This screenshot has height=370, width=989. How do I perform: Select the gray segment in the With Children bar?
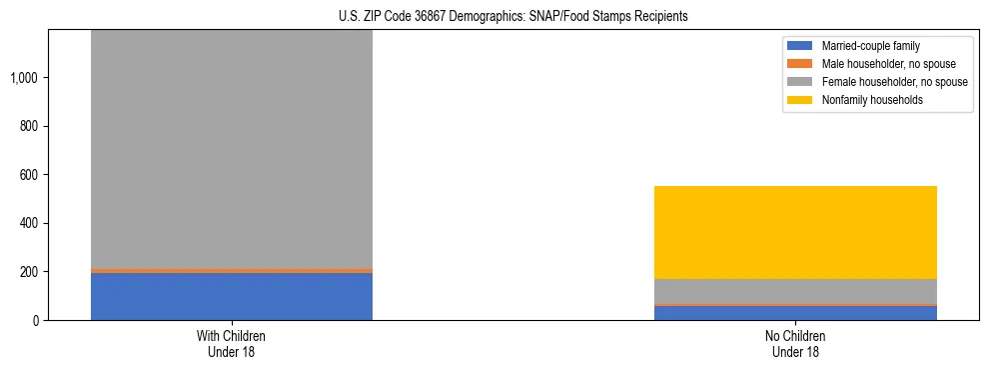click(x=232, y=150)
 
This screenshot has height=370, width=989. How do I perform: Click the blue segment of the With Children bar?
click(x=232, y=296)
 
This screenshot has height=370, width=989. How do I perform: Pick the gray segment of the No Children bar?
click(x=795, y=291)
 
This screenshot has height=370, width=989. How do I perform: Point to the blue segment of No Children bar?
click(x=795, y=313)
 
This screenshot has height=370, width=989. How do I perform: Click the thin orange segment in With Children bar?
click(x=232, y=270)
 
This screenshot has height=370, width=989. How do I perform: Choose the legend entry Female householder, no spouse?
click(x=883, y=82)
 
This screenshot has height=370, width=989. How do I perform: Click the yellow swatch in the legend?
click(x=800, y=100)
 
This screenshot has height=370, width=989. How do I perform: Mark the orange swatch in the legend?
click(x=800, y=64)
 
